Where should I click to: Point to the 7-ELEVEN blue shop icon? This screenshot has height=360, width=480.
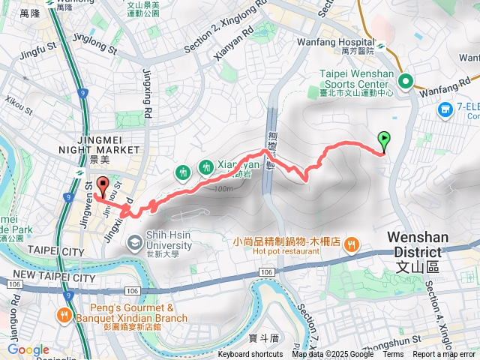point(446,110)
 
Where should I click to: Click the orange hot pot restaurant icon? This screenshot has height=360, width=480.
point(352,244)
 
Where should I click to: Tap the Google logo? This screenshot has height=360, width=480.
point(28,350)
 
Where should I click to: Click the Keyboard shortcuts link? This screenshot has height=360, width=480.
point(250,355)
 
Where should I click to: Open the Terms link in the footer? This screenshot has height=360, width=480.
point(393,355)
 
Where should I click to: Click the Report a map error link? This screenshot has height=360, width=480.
point(443,355)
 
